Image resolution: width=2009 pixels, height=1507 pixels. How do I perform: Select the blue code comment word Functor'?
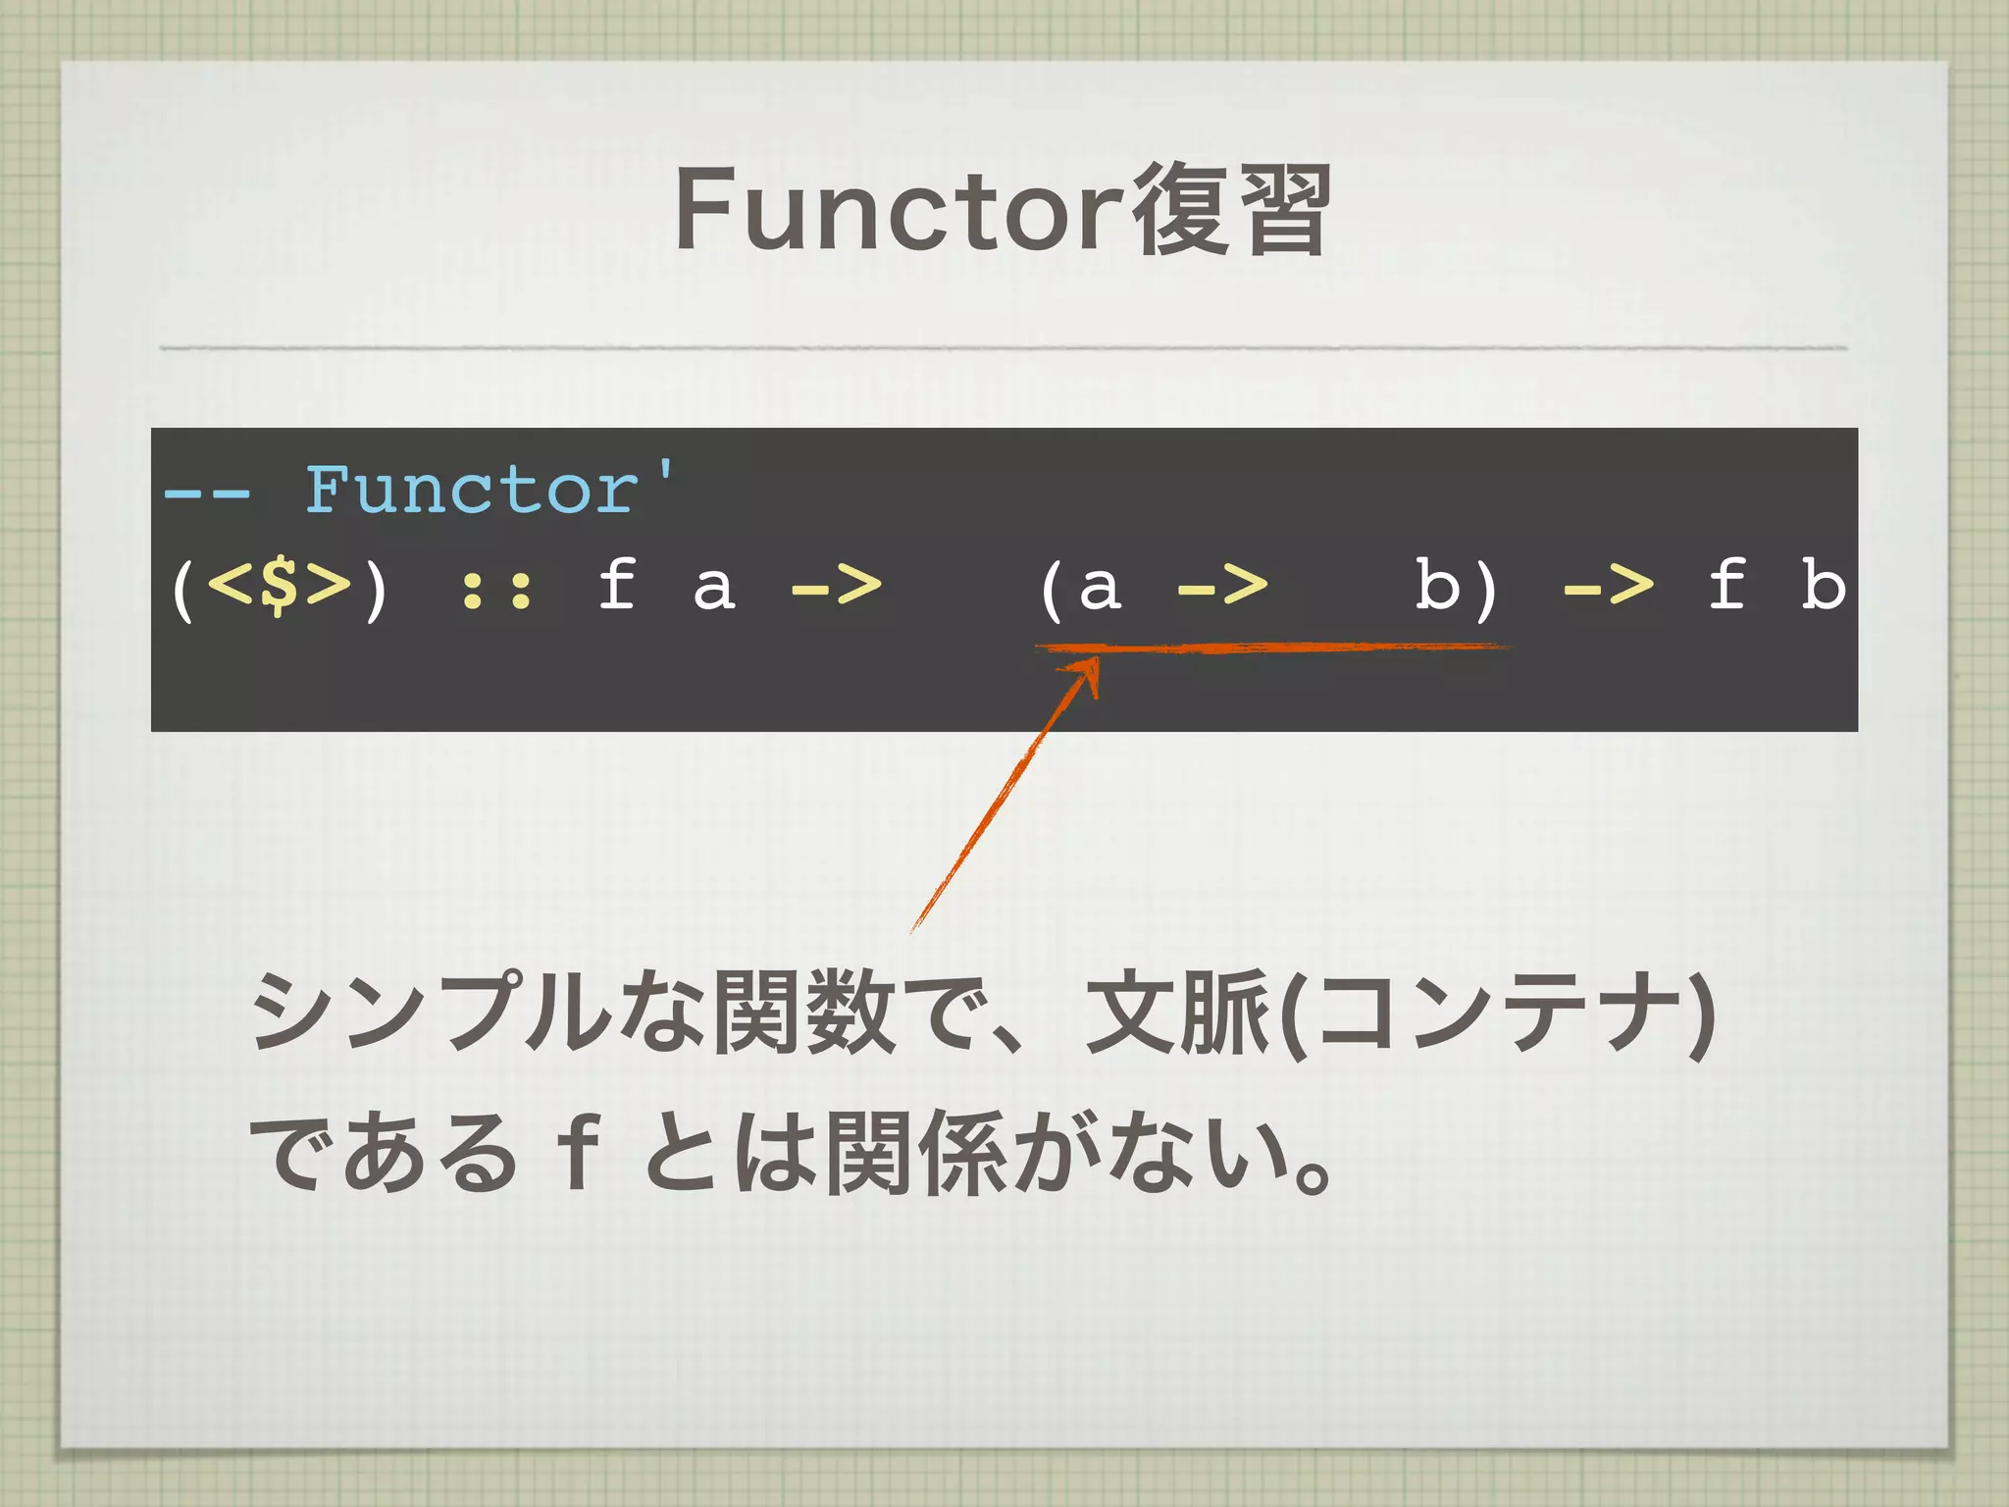[x=489, y=488]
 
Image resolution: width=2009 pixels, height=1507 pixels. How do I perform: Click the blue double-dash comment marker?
[x=206, y=491]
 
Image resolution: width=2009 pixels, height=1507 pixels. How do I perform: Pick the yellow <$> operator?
[x=279, y=585]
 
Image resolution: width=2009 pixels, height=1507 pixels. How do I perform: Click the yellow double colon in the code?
[x=496, y=589]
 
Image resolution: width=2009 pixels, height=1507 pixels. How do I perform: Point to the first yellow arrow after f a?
[x=835, y=587]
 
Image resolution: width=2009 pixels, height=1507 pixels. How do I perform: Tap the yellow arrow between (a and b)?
[x=1221, y=587]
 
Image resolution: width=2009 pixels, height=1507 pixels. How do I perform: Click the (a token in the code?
[x=1079, y=587]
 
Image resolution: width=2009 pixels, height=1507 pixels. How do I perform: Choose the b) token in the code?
[x=1456, y=587]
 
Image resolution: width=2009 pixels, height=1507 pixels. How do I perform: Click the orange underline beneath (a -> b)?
[x=1275, y=647]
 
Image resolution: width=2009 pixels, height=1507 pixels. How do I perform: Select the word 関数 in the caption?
[x=804, y=1011]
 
